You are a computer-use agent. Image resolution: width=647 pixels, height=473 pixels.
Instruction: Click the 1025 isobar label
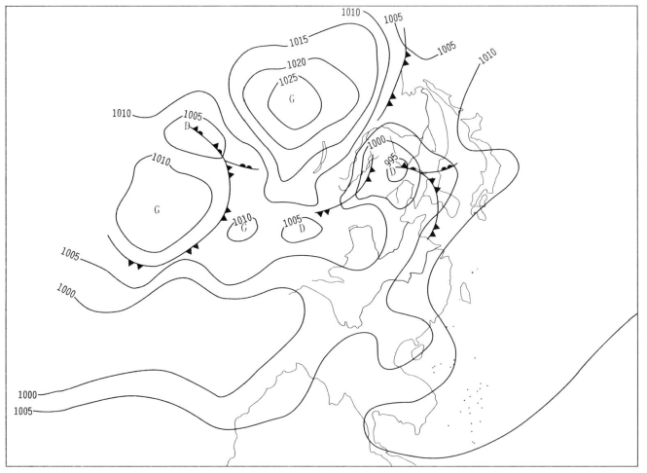[x=288, y=80]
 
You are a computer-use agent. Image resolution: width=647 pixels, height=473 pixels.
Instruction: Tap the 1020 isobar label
[x=297, y=63]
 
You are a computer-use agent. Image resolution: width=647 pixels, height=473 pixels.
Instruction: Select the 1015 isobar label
[x=299, y=41]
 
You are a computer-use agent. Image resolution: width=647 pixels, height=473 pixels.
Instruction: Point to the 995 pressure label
[x=391, y=159]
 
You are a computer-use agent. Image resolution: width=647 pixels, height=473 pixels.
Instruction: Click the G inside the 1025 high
[x=292, y=99]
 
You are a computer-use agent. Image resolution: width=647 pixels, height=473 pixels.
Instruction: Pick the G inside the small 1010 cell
[x=244, y=228]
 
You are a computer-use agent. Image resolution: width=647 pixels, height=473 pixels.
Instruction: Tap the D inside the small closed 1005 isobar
[x=302, y=229]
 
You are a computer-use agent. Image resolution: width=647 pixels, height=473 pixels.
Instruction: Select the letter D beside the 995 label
[x=393, y=171]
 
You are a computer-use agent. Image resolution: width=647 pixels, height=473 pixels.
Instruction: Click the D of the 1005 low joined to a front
[x=187, y=126]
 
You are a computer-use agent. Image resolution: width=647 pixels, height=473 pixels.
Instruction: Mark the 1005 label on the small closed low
[x=293, y=221]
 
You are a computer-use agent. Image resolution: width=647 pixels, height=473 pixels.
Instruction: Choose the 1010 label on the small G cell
[x=242, y=219]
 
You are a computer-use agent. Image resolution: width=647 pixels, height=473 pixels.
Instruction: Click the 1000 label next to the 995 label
[x=377, y=142]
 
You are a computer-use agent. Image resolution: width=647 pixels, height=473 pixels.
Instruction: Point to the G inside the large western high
[x=157, y=210]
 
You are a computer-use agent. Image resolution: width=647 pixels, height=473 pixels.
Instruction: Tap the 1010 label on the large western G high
[x=161, y=160]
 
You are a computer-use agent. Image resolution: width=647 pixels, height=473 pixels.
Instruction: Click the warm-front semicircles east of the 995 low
[x=446, y=167]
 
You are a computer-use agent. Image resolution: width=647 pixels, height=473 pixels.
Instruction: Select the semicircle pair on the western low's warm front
[x=246, y=166]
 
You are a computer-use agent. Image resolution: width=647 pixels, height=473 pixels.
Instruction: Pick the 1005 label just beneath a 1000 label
[x=23, y=411]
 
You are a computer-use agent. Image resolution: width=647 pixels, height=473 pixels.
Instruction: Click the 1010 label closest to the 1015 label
[x=350, y=13]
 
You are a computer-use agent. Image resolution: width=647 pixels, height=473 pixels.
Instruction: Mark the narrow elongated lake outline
[x=320, y=158]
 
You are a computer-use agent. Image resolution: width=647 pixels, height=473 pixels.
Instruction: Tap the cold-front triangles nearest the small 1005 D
[x=323, y=213]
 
